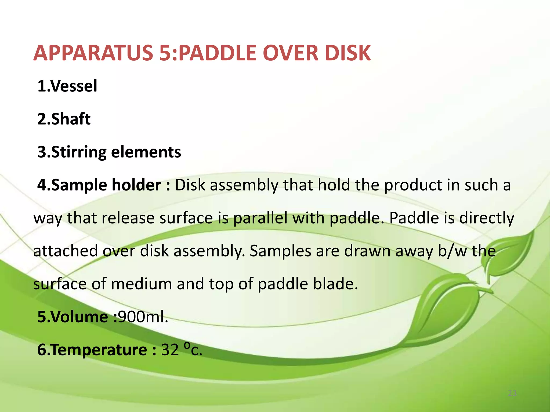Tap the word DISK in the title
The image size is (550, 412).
coord(348,53)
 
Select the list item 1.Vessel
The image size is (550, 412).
coord(67,86)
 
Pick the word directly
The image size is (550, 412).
coord(486,218)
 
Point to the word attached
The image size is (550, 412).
coord(66,251)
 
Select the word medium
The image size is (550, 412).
coord(141,284)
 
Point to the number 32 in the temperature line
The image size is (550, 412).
coord(170,350)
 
